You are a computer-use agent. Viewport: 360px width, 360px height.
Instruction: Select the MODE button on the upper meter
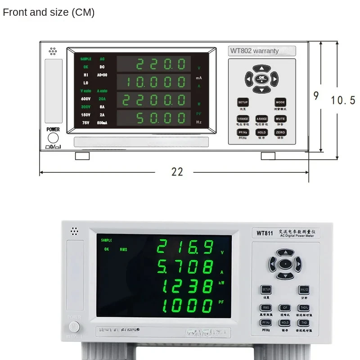pos(280,102)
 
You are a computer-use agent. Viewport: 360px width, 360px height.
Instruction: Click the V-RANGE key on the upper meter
pos(243,119)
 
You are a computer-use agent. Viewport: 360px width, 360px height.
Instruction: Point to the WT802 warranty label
pos(261,51)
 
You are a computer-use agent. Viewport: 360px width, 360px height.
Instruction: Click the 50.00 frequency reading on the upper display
pos(161,118)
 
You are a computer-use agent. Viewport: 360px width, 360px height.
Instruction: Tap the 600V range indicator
pos(85,99)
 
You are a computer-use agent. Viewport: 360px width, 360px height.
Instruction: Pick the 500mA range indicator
pos(102,122)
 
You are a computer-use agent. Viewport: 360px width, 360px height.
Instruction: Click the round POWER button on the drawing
pos(53,138)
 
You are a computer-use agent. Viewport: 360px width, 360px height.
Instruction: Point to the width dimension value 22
pos(177,171)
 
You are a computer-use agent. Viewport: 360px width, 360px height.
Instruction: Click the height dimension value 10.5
pos(343,100)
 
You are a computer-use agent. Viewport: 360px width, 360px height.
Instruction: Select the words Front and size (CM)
pos(49,12)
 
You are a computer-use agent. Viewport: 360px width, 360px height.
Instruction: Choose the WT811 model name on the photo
pos(265,233)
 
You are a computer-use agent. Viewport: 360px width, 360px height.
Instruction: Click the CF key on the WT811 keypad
pos(284,308)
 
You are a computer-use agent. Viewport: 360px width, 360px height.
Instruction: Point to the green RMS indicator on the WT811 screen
pos(123,249)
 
